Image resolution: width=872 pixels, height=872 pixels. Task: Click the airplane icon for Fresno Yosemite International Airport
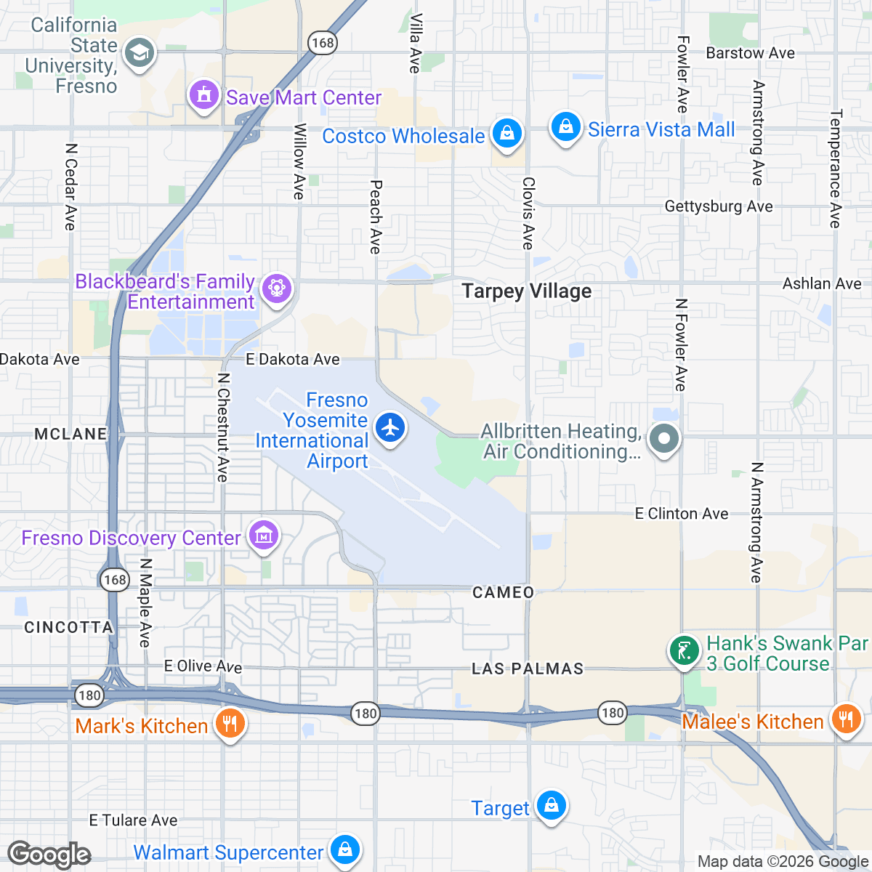click(391, 428)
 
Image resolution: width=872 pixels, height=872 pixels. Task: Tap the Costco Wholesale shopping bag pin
click(506, 133)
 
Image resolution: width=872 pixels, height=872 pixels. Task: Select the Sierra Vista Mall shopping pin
click(565, 127)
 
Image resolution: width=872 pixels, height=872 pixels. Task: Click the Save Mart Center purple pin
click(204, 95)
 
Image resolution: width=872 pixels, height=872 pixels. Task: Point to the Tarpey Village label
click(526, 291)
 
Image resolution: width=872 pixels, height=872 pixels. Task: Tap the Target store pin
click(552, 806)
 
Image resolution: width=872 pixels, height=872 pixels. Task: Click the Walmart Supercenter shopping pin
click(344, 849)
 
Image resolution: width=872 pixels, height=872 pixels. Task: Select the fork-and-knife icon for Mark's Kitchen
click(230, 723)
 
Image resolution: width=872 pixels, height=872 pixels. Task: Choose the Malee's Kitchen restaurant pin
click(844, 719)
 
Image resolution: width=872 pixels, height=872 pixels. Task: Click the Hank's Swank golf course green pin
click(683, 651)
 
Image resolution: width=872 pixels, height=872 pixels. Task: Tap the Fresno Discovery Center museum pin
click(263, 536)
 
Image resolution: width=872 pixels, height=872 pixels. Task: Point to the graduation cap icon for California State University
click(139, 53)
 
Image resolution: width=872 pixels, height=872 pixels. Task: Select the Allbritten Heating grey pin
click(663, 439)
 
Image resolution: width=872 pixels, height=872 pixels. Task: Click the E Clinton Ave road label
click(681, 514)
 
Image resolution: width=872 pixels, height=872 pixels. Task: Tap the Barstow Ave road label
click(750, 53)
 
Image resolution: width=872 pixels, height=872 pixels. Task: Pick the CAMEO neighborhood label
click(503, 593)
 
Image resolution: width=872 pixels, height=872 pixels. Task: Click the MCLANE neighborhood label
click(70, 434)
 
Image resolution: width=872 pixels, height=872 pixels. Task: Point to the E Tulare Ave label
click(133, 820)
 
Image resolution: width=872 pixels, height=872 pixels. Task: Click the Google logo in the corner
click(49, 855)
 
